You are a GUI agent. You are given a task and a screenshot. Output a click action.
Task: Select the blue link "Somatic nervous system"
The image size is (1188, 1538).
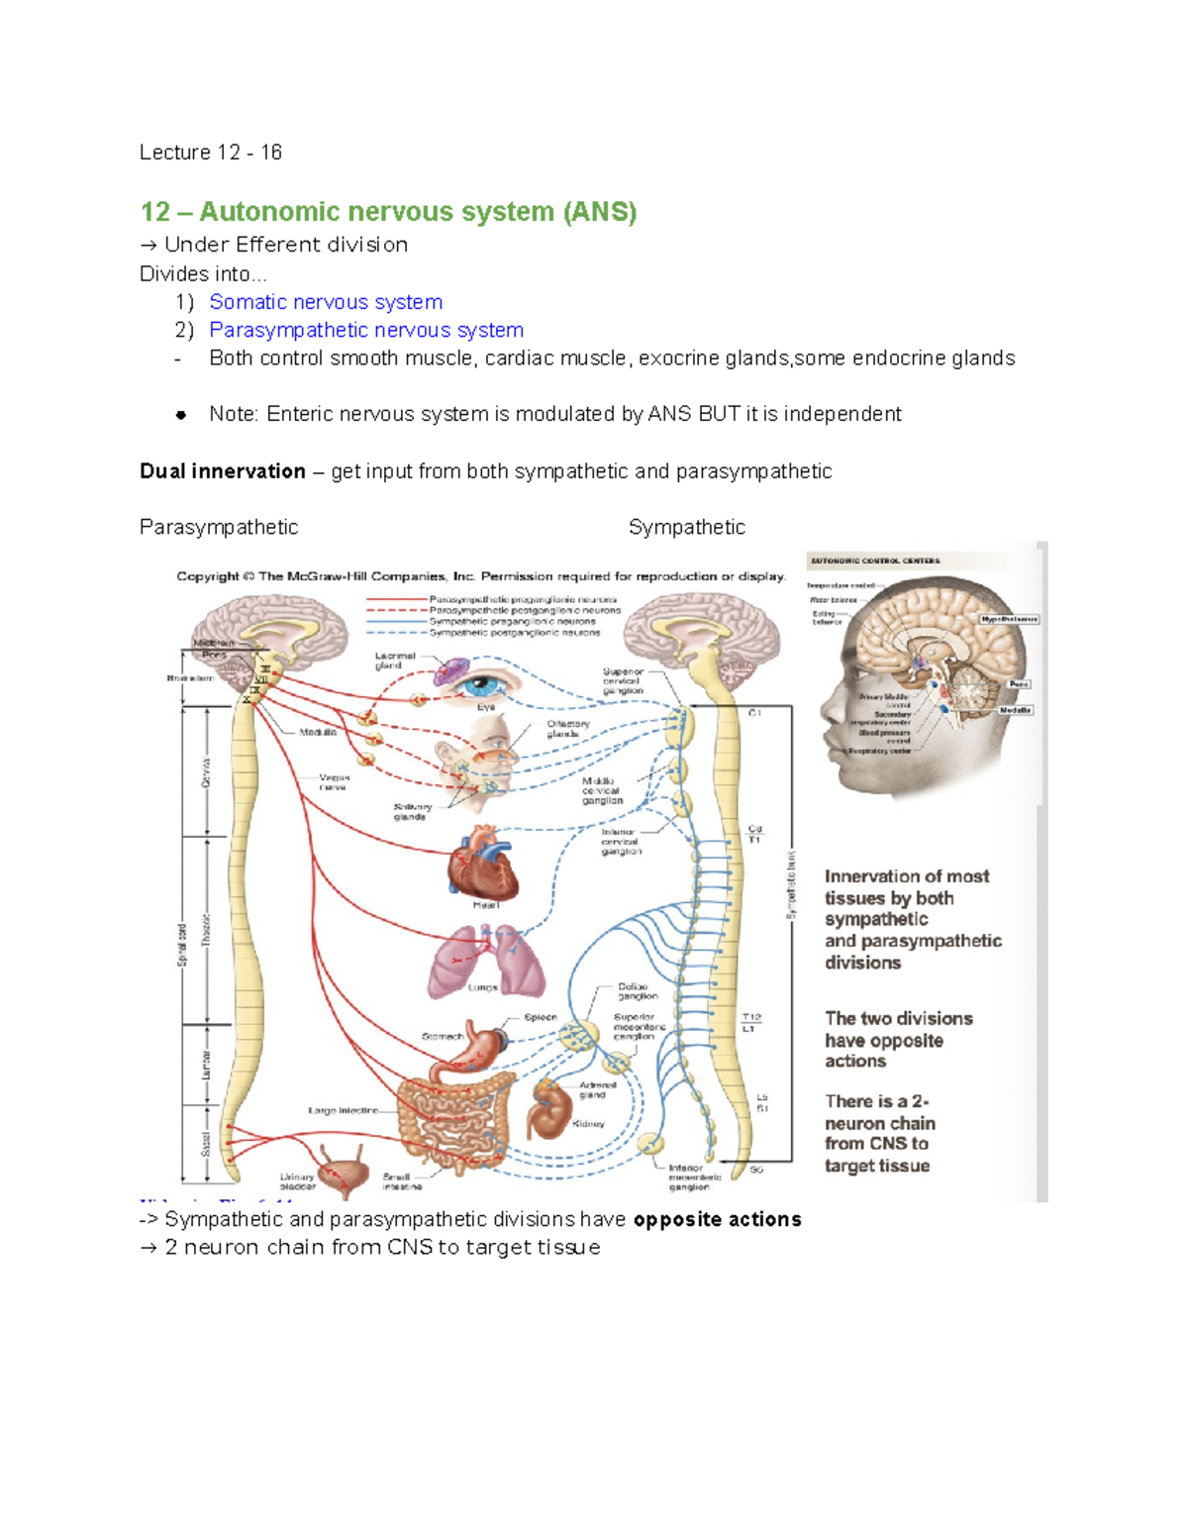326,302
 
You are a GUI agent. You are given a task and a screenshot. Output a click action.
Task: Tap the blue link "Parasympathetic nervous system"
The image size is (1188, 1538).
366,330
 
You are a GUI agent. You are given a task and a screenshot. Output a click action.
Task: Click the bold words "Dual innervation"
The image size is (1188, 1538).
223,471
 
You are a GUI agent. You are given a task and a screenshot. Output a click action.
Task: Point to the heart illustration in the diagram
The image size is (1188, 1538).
482,863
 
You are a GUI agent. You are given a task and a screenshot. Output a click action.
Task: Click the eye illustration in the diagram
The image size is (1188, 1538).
486,684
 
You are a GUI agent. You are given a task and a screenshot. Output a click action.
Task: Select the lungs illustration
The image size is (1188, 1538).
485,960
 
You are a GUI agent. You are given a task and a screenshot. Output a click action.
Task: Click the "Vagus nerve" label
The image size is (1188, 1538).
334,781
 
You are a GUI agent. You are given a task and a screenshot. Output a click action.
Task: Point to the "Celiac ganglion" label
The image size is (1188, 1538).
638,991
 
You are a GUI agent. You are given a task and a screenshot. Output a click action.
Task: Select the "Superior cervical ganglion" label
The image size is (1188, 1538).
623,681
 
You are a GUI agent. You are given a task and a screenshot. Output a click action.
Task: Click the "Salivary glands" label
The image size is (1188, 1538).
412,811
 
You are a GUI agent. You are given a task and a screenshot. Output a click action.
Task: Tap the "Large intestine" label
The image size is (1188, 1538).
343,1110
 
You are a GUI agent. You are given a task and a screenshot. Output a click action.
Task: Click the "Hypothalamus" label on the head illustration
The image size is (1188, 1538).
1009,619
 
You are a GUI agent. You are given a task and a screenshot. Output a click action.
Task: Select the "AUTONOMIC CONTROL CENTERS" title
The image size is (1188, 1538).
875,561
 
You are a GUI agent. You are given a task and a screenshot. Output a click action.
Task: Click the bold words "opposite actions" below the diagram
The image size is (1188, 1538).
717,1219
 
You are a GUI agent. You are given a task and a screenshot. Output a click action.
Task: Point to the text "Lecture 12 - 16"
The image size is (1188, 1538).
211,153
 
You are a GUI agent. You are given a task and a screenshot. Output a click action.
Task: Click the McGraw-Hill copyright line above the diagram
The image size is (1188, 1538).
481,576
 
